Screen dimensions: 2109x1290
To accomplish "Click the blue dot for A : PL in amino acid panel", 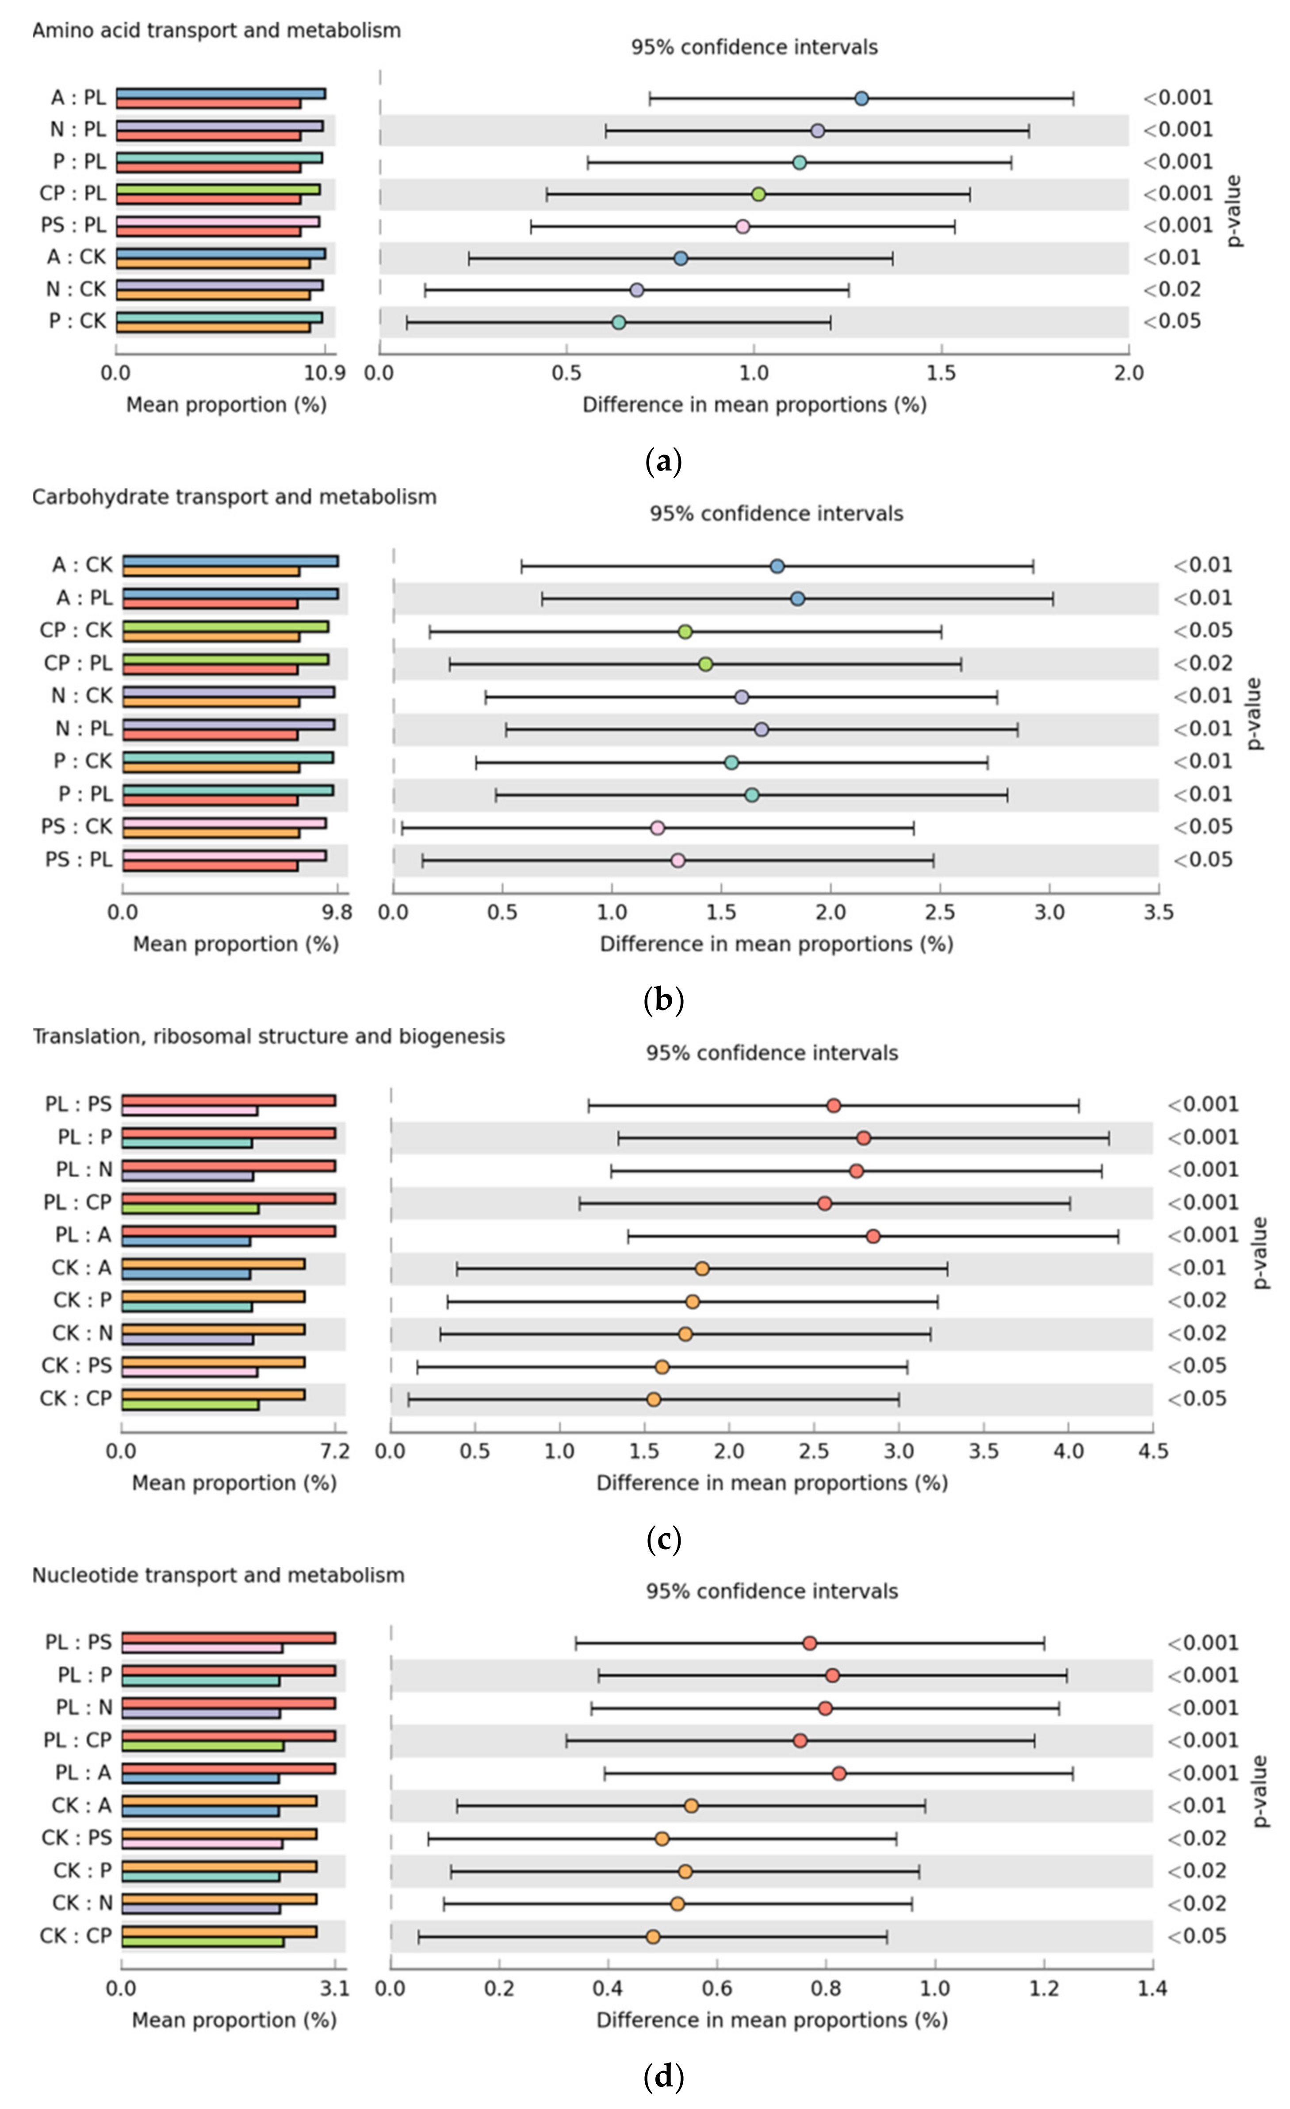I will click(x=861, y=98).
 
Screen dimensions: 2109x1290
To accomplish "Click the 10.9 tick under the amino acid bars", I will click(x=325, y=373).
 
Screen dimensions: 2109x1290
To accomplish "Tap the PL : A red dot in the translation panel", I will click(x=873, y=1236).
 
